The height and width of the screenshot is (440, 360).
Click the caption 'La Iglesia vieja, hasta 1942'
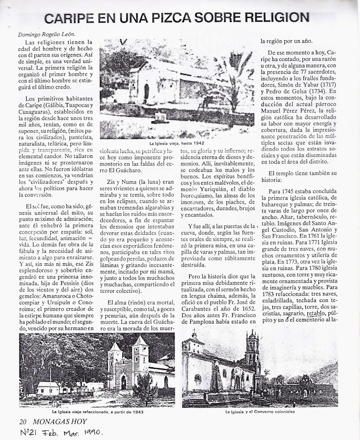tap(177, 144)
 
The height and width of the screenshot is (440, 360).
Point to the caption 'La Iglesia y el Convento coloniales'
tap(260, 412)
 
